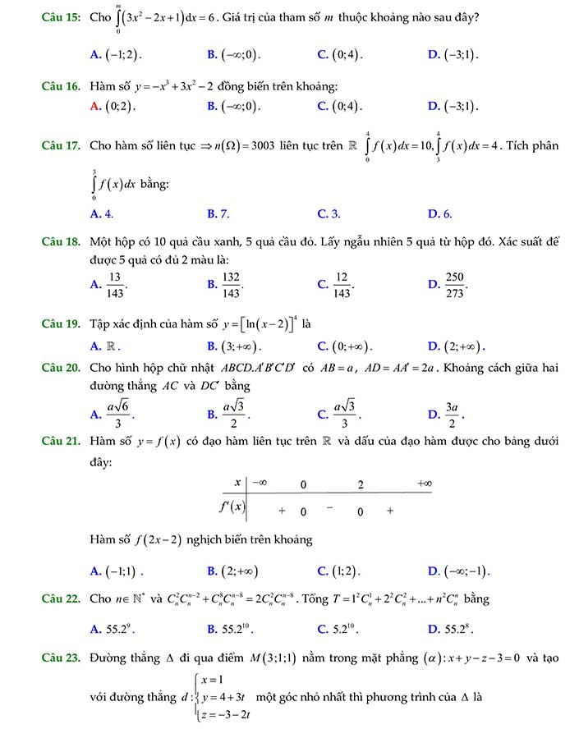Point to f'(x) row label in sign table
(233, 506)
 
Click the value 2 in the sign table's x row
(360, 484)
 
